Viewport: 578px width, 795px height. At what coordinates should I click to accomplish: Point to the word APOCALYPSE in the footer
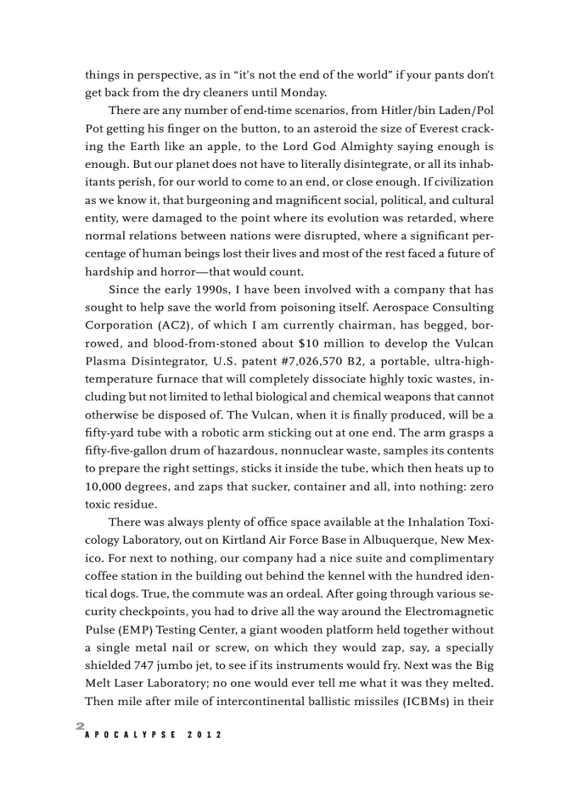(x=127, y=735)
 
